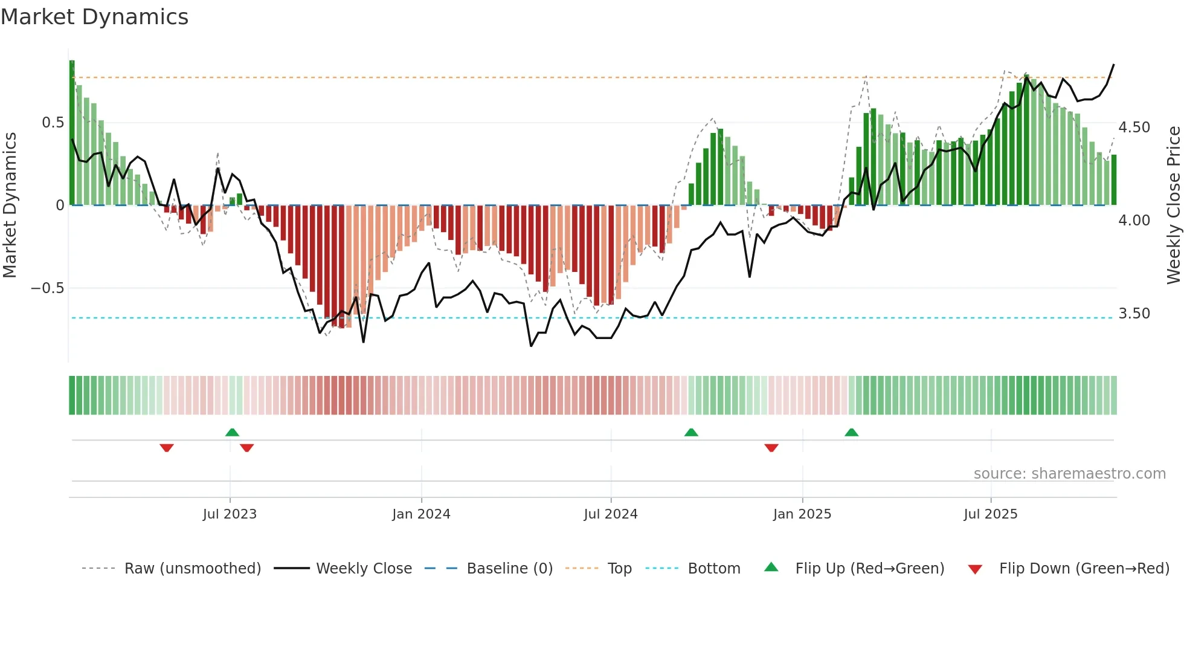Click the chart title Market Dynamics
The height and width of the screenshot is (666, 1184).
click(95, 17)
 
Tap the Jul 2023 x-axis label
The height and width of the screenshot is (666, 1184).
click(230, 514)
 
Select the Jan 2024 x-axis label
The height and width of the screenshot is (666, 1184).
click(421, 514)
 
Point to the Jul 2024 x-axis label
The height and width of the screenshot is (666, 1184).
click(611, 514)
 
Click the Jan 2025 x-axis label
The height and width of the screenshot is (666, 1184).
click(802, 514)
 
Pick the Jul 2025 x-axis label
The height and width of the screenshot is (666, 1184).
click(991, 514)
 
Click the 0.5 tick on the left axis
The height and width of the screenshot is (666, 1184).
click(53, 123)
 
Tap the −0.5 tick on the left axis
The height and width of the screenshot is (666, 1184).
click(48, 288)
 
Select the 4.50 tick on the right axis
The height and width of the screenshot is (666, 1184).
click(1134, 128)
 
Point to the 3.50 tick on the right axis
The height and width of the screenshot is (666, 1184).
click(1134, 314)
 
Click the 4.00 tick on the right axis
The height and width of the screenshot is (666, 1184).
click(1134, 221)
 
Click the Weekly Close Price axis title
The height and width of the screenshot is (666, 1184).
click(1173, 205)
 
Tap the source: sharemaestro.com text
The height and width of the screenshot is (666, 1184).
click(1069, 474)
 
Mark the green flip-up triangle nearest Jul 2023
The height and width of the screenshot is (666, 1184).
click(232, 432)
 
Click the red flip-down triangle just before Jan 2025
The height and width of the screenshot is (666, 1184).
click(771, 448)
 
